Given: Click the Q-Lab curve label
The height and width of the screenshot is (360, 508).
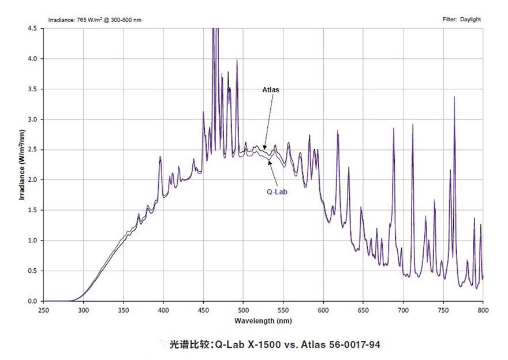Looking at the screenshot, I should (x=277, y=192).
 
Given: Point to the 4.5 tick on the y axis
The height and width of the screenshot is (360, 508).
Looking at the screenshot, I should (x=32, y=28).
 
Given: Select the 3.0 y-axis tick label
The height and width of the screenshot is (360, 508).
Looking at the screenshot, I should (x=32, y=119).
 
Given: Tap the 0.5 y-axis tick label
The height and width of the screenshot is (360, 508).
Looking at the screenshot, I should (x=32, y=271).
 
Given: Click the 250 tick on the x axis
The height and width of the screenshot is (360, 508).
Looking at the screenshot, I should (x=44, y=309).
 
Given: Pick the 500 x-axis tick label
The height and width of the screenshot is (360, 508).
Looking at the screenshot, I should (x=244, y=309).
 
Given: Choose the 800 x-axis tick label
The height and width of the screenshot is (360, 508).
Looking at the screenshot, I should (x=483, y=309).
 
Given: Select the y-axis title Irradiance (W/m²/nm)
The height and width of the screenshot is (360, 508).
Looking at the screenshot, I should (x=21, y=165).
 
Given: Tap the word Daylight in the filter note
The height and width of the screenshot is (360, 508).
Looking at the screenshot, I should (x=470, y=19).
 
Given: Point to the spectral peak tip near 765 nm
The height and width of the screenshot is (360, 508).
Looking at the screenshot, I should (x=454, y=97).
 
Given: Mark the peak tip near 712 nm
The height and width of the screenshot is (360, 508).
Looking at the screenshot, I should (x=413, y=124).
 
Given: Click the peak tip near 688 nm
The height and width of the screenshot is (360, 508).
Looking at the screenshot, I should (x=394, y=129).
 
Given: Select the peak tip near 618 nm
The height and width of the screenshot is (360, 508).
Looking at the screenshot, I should (x=338, y=131).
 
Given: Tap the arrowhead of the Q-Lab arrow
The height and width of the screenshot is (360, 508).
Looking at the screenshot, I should (x=270, y=162).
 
